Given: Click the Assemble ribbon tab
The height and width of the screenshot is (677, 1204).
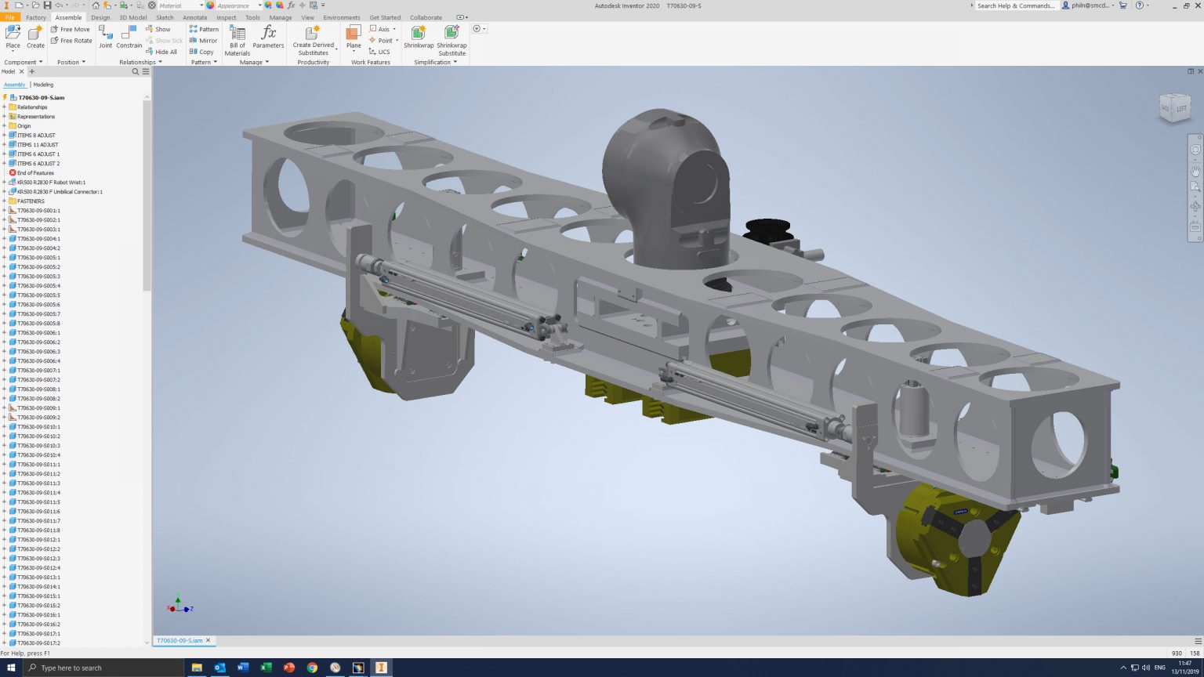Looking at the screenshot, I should tap(68, 17).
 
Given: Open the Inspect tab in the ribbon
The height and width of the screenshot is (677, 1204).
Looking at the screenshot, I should tap(226, 17).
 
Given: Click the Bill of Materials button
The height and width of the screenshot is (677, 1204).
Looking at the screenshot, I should tap(238, 40).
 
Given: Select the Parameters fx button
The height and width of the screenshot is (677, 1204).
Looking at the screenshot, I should tap(268, 36).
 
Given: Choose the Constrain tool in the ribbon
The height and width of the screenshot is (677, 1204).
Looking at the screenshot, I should tap(129, 36).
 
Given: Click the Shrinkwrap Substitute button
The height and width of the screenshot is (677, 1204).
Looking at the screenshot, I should tap(451, 40).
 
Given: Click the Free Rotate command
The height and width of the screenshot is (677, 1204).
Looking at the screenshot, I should tap(71, 41).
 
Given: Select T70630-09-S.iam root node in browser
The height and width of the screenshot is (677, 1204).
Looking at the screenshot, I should tap(41, 98).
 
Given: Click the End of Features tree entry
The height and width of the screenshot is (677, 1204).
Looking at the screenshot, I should tap(35, 173).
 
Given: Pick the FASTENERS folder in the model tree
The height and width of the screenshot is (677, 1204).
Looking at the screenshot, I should tap(31, 201).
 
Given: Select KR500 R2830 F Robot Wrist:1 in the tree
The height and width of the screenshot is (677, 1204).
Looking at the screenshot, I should tap(51, 183).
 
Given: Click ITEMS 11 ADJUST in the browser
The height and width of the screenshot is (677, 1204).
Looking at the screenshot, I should tap(38, 145).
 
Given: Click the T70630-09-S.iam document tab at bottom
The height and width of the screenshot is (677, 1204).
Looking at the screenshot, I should tap(180, 640).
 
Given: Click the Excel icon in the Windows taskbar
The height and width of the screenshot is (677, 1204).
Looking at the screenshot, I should tap(266, 668).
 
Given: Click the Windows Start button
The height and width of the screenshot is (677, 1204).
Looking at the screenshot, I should tap(11, 668).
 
